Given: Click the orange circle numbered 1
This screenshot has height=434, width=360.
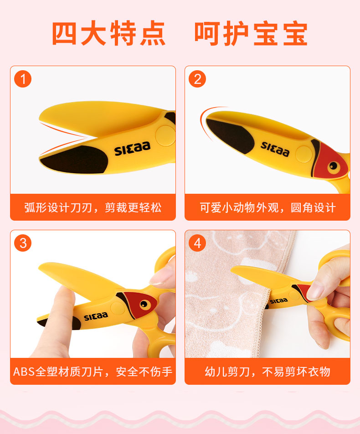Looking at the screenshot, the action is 23,79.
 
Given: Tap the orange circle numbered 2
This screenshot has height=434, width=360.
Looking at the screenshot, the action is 197,79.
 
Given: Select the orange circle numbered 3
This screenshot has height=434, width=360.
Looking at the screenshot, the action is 23,243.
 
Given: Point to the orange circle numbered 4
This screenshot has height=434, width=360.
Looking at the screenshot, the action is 197,243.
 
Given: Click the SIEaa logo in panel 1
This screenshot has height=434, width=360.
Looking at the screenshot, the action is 133,148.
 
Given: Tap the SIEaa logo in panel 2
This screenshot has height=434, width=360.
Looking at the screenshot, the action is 275,149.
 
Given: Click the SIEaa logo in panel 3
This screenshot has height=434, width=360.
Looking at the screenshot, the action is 96,316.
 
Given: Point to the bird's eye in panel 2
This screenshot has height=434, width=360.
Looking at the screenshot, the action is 333,166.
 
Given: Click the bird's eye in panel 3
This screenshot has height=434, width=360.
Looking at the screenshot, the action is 144,305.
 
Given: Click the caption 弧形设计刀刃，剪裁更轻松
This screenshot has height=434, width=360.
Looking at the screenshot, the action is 93,207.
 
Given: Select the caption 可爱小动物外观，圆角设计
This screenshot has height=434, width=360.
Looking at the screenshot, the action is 267,207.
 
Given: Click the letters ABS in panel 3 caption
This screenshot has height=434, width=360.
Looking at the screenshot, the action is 24,372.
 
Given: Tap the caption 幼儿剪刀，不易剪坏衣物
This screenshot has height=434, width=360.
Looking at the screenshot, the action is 267,372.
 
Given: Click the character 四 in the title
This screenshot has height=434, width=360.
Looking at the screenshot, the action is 64,33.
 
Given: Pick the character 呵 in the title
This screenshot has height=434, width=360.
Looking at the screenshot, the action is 207,33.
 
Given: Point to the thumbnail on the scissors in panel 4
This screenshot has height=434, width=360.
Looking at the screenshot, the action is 315,292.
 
